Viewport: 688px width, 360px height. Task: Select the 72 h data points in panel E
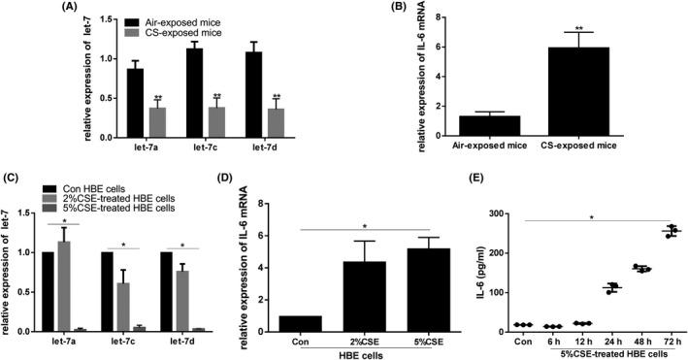[x=642, y=231]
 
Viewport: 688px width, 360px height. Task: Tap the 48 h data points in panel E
[x=613, y=268]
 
